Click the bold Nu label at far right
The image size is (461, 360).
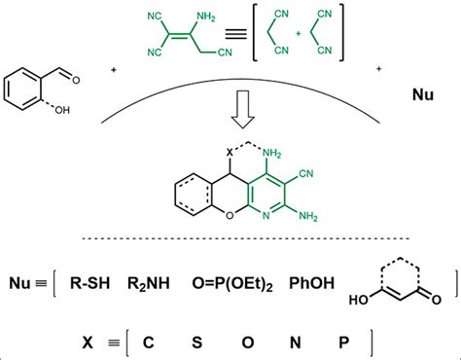coord(413,96)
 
